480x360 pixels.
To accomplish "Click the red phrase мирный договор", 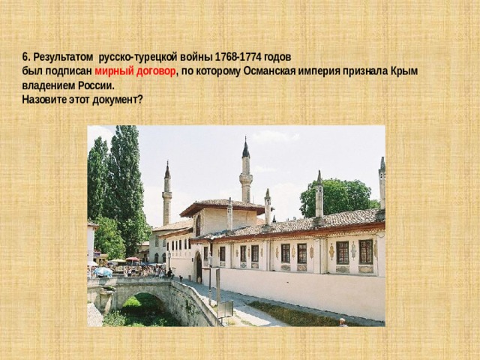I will click(x=135, y=71).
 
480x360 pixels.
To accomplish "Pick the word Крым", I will click(x=403, y=71).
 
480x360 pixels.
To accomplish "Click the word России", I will click(x=95, y=85).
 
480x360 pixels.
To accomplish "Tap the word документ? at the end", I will click(x=118, y=100).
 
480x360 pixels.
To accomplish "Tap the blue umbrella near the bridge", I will click(x=103, y=271).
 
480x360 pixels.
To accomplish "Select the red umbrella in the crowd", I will click(x=133, y=259).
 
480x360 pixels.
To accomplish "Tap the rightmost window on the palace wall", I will click(x=365, y=252).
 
